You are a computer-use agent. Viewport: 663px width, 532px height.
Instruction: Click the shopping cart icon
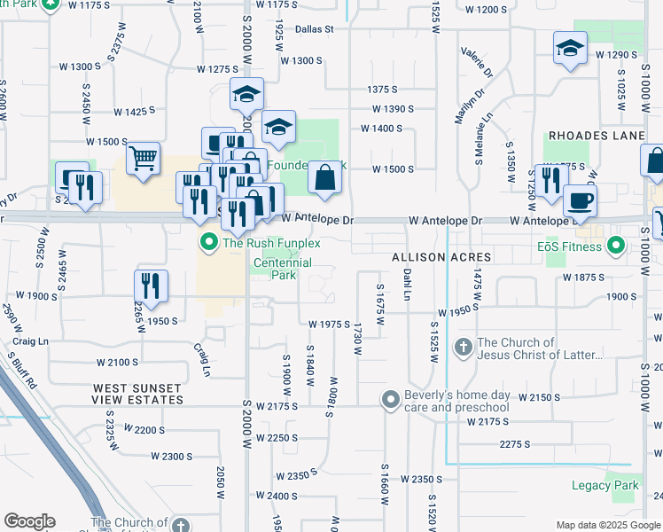point(143,160)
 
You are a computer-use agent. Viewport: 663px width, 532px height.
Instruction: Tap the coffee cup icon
point(580,200)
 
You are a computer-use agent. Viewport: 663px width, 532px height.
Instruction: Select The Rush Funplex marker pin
point(209,242)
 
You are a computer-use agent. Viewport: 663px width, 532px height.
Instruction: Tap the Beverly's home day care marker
point(390,400)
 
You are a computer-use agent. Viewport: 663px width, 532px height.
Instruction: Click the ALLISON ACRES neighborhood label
point(441,256)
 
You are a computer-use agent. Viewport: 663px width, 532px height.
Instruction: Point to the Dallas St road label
point(314,28)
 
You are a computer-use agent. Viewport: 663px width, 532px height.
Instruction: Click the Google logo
point(29,521)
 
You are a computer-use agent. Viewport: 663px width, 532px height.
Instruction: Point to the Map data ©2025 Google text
point(607,525)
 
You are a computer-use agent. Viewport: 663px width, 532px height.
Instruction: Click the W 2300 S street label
point(172,456)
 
